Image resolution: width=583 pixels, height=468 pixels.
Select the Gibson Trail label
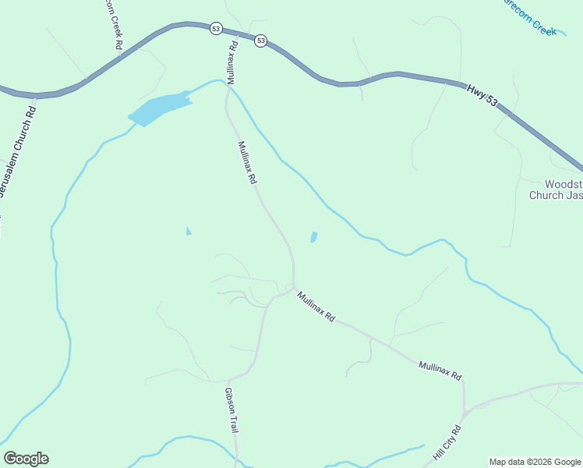231,410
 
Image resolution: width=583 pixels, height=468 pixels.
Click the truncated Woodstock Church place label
556,190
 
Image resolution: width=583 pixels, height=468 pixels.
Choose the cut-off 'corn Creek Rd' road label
112,23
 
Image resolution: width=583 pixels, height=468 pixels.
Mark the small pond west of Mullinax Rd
188,231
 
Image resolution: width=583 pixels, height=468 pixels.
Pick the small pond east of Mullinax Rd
313,236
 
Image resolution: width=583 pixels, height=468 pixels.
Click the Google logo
26,458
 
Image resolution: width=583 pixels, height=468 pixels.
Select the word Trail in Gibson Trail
233,423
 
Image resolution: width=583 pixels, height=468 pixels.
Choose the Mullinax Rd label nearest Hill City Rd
440,370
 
